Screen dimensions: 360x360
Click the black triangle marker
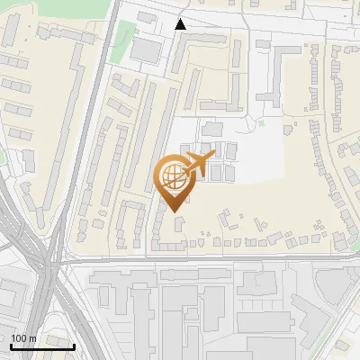point(181,24)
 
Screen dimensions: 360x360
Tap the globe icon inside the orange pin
point(174,175)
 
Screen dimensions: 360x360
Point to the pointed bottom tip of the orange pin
point(175,211)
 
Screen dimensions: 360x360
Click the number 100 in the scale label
point(19,339)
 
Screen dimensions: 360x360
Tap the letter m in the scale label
point(32,339)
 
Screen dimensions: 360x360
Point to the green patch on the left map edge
point(4,162)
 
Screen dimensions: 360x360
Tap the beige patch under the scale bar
point(36,355)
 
